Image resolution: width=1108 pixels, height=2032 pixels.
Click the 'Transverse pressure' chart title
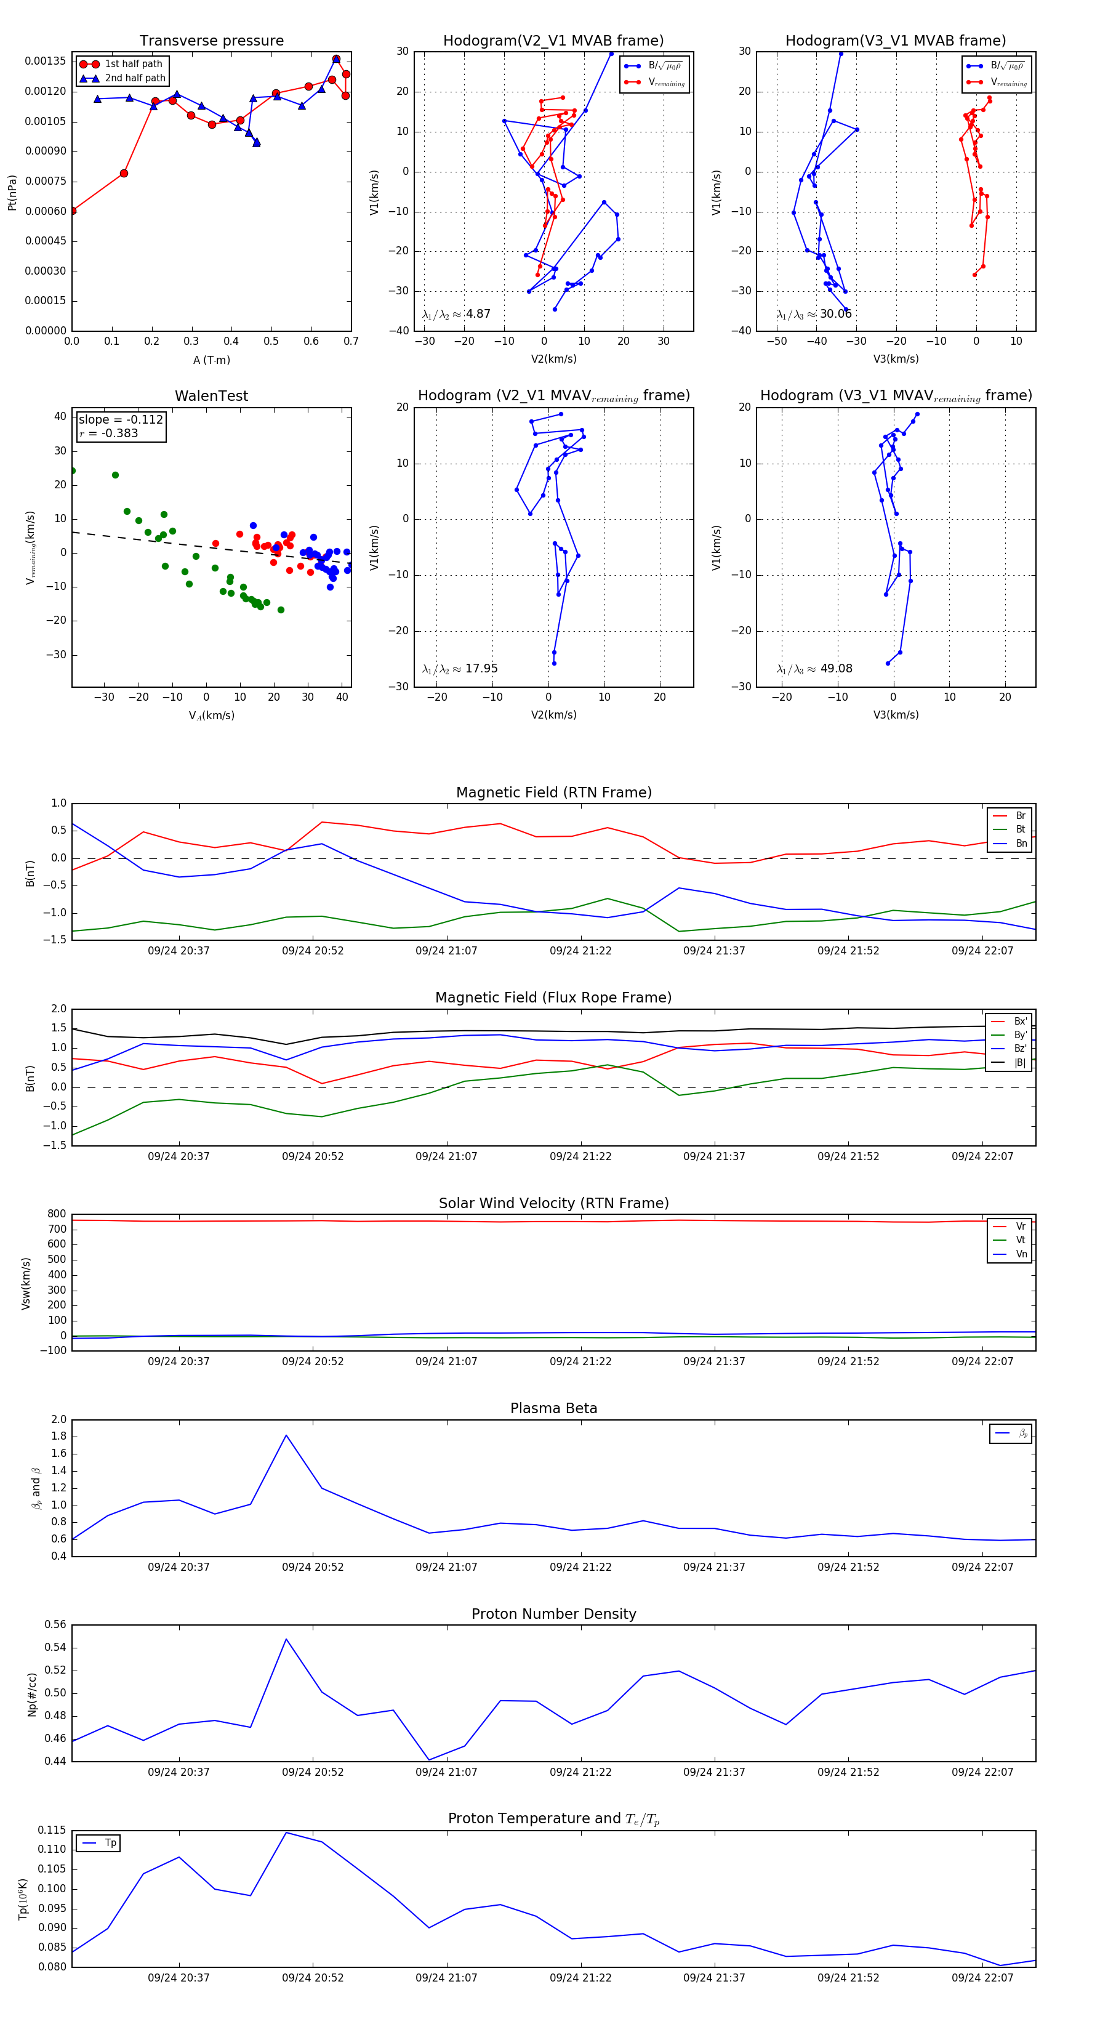(211, 41)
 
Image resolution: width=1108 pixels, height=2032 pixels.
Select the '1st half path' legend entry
(132, 64)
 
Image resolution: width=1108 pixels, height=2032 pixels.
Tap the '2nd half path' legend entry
(135, 78)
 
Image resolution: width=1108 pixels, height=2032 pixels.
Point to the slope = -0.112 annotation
(121, 420)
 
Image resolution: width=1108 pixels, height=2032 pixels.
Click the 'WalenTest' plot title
(211, 396)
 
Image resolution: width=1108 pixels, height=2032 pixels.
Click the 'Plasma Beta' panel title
(553, 1408)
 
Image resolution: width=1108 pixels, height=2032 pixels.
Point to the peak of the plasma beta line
(286, 1435)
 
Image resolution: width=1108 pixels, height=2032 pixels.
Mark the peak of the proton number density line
(286, 1639)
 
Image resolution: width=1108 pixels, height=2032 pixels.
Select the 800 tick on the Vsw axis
(57, 1214)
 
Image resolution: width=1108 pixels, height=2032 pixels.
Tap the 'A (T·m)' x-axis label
(211, 360)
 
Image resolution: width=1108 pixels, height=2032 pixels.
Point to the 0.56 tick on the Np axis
(55, 1625)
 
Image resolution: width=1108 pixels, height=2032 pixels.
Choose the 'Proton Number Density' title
(553, 1614)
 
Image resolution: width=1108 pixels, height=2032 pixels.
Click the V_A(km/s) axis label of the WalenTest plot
(211, 716)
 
